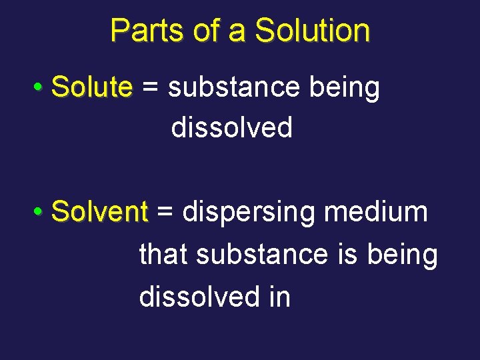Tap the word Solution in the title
pos(312,31)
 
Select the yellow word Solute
pos(92,87)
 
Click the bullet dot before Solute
pos(39,88)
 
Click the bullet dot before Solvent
pos(39,213)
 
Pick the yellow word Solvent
pos(99,213)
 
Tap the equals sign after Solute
pos(151,88)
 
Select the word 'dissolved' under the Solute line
pos(232,127)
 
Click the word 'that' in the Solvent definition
pos(163,254)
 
